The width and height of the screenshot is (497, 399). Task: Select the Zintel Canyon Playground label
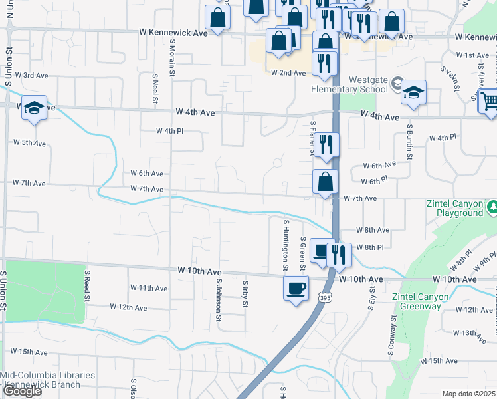[456, 209]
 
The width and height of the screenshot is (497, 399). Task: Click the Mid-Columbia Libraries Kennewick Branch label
[48, 380]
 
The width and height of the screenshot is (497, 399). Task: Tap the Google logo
[21, 391]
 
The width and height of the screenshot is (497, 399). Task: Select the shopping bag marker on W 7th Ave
[325, 182]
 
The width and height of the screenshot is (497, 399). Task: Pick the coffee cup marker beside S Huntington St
[296, 289]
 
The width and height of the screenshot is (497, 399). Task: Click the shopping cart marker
[490, 101]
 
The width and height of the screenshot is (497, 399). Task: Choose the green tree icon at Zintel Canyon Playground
[492, 207]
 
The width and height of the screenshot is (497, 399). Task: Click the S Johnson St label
[218, 299]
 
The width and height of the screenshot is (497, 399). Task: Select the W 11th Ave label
[149, 288]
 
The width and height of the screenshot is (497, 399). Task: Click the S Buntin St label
[410, 142]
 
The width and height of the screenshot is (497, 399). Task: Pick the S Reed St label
[87, 283]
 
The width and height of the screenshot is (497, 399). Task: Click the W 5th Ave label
[29, 143]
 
